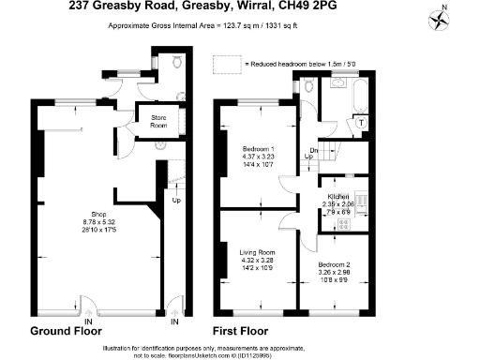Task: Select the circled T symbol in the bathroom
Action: point(360,123)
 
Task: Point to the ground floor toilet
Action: point(178,62)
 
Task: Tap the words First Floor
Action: point(244,332)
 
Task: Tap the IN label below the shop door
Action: point(87,322)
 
